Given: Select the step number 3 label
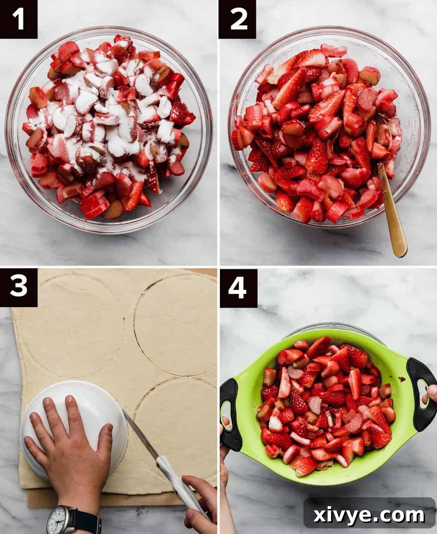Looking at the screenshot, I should coord(18,286).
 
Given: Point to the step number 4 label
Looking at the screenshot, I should coord(238,288).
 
